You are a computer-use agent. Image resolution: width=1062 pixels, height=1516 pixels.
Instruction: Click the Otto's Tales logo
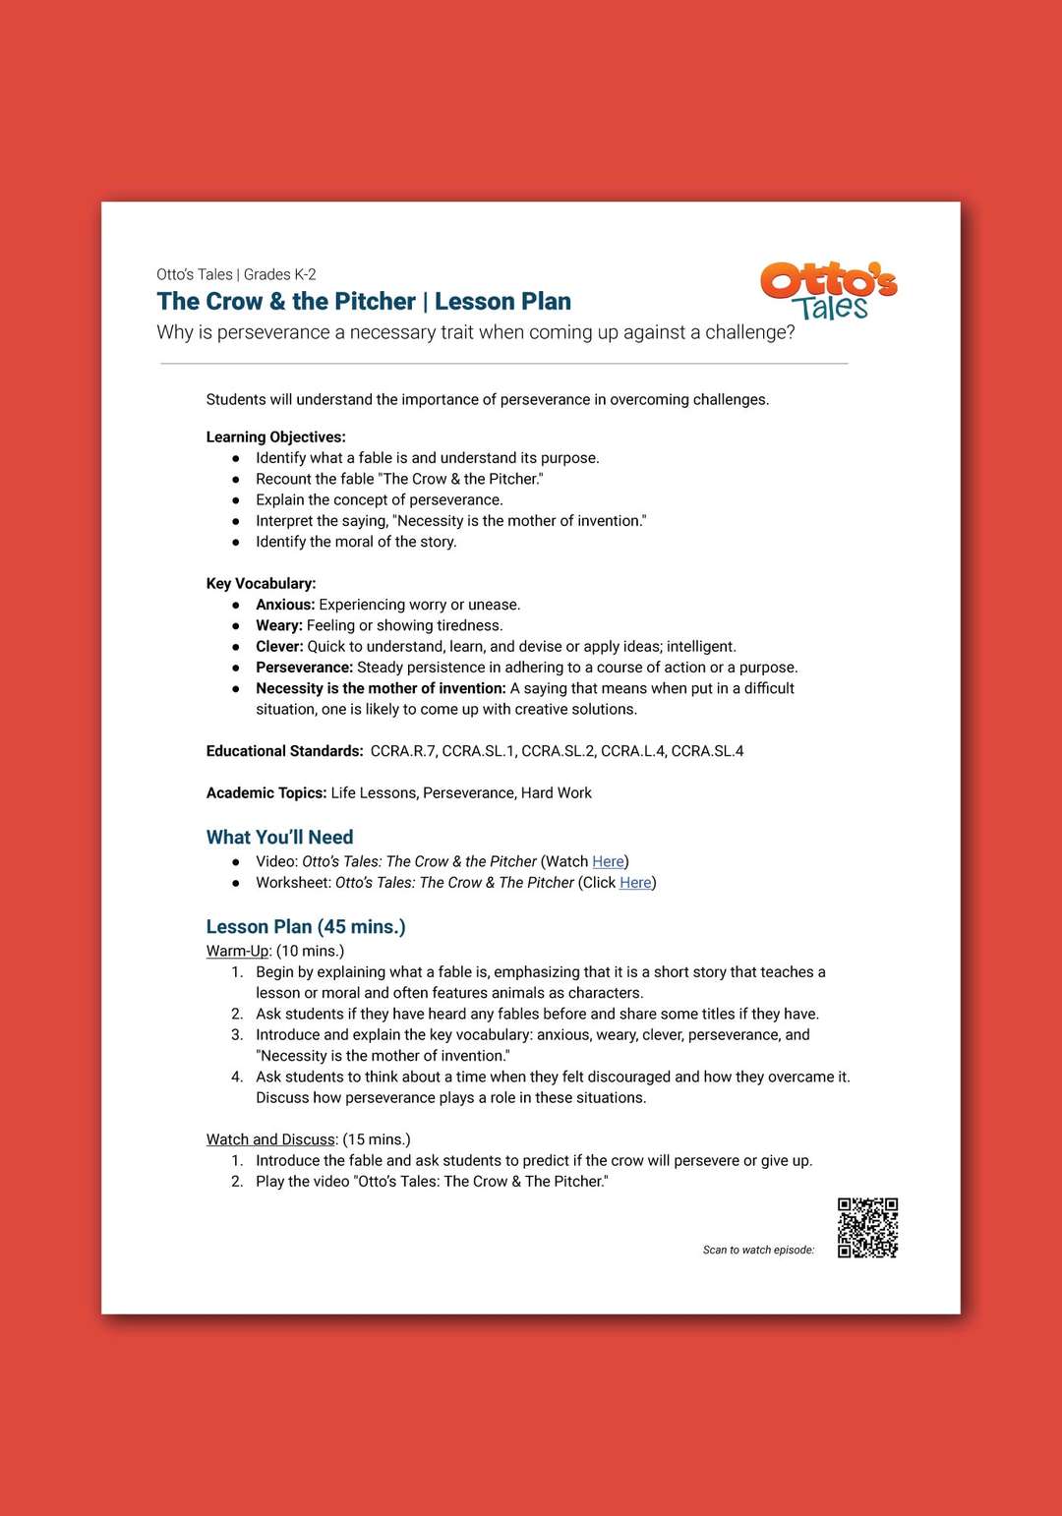coord(828,291)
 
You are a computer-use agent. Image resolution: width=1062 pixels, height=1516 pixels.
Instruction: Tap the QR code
coord(867,1227)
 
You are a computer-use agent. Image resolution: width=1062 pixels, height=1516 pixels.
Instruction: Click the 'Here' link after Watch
coord(608,861)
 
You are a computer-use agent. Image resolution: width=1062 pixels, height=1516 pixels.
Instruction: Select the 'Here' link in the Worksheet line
coord(635,883)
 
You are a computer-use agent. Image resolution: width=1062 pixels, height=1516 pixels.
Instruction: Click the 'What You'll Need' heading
coord(279,837)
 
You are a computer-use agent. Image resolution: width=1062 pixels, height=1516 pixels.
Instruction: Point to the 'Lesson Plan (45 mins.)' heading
coord(306,926)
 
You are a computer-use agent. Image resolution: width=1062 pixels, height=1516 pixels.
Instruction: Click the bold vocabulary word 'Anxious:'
coord(285,605)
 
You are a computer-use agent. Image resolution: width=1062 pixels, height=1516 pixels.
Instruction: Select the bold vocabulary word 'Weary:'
coord(279,625)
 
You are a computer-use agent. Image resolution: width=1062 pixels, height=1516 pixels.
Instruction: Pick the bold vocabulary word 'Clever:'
coord(279,647)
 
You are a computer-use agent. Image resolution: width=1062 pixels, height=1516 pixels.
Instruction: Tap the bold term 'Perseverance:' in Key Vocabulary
coord(304,668)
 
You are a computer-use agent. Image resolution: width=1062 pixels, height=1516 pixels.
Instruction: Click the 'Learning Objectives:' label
coord(275,437)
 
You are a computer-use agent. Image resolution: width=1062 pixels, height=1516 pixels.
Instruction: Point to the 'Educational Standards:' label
coord(284,751)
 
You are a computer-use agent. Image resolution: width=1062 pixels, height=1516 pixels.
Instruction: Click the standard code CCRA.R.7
coord(403,751)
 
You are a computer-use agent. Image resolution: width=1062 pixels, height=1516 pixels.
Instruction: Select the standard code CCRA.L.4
coord(632,751)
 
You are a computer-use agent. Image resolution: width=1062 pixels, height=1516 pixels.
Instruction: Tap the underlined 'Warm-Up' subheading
coord(237,951)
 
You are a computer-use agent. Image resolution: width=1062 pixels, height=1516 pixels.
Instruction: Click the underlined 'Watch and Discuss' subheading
coord(270,1139)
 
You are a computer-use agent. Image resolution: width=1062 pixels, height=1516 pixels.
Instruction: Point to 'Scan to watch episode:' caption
coord(758,1250)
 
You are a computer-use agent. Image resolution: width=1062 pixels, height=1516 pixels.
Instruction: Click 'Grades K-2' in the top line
coord(279,274)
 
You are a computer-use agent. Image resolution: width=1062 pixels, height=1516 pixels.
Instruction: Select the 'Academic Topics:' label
coord(265,793)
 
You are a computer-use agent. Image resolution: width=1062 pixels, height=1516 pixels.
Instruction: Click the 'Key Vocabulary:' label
coord(261,584)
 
